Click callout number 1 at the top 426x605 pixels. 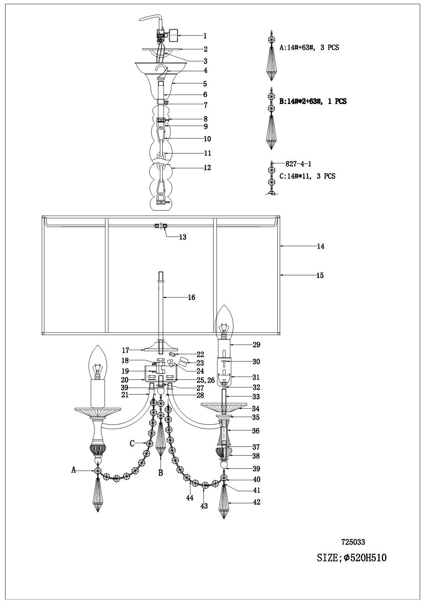tap(205, 36)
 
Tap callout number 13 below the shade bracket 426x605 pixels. tap(183, 237)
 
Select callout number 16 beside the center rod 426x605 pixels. tap(191, 297)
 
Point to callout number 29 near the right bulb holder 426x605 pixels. tap(256, 345)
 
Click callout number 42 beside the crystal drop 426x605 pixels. tap(257, 502)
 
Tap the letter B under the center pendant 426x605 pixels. tap(160, 473)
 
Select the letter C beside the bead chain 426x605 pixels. tap(132, 443)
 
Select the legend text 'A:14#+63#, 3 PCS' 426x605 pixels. tap(309, 48)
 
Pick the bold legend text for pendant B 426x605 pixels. tap(313, 101)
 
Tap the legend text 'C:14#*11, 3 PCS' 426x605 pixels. tap(307, 176)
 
